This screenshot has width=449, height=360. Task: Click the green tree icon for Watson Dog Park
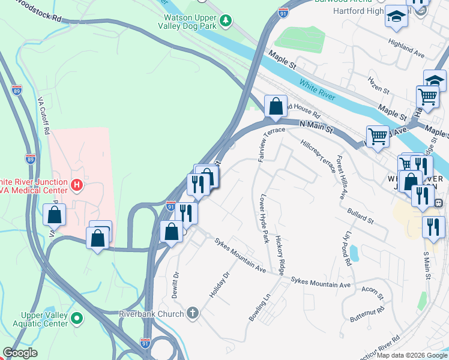(226, 22)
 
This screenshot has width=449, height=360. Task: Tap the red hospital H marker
(77, 185)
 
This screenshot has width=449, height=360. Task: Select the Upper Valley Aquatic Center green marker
(77, 318)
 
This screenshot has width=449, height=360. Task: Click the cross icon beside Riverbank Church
(192, 313)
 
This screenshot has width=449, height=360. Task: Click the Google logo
(20, 353)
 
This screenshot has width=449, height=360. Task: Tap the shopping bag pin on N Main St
(276, 107)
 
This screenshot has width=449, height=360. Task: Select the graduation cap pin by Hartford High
(396, 17)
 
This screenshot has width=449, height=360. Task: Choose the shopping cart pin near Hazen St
(427, 95)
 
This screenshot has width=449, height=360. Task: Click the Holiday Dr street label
(219, 287)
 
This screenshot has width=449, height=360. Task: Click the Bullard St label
(360, 216)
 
